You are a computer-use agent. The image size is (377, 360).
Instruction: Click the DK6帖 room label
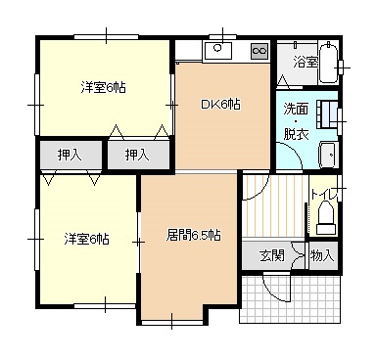(220, 105)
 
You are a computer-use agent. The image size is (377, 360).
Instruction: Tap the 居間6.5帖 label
(193, 235)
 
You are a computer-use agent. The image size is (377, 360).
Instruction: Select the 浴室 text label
(306, 62)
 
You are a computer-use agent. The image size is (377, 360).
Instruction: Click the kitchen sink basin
(217, 50)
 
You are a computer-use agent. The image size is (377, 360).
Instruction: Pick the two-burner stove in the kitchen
(259, 51)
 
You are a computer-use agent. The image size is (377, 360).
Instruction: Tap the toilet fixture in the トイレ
(325, 218)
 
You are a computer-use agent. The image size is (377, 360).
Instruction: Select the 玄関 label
(272, 255)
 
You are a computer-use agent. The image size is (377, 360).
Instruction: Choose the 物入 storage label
(322, 255)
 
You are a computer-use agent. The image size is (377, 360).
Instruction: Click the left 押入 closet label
(70, 155)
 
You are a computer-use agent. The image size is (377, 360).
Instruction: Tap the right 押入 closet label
(137, 155)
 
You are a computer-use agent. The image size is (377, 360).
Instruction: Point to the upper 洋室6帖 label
(103, 87)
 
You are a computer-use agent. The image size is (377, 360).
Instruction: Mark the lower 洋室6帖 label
(86, 239)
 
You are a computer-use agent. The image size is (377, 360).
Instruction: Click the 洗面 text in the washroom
(296, 109)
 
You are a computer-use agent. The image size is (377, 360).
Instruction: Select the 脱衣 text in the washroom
(296, 134)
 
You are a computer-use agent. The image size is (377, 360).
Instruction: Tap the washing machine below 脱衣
(328, 156)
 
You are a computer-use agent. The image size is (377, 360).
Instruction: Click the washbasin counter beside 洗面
(328, 114)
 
